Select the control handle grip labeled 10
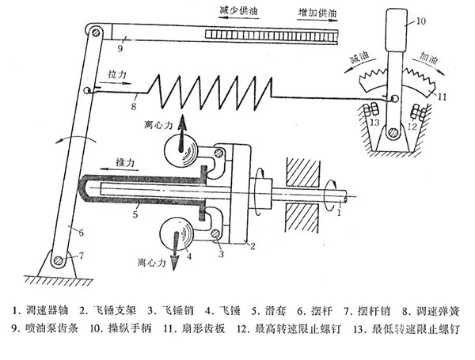tap(396, 29)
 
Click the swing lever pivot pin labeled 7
tap(59, 260)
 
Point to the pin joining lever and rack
tap(96, 32)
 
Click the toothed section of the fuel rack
tap(272, 36)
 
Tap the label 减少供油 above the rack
tap(238, 11)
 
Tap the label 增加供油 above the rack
tap(317, 13)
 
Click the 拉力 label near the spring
tap(116, 74)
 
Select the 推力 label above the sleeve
tap(124, 163)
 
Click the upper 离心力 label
tap(158, 125)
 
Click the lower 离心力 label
tap(152, 262)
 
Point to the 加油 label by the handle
tap(428, 57)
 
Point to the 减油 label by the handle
tap(359, 57)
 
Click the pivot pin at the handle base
tap(393, 133)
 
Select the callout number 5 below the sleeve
tap(135, 214)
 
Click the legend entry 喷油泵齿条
tap(45, 328)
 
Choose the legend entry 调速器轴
tap(40, 310)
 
